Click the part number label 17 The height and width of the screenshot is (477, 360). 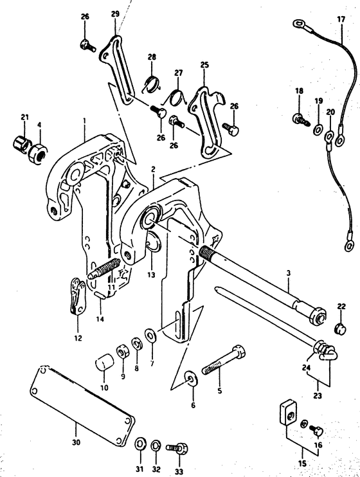point(341,19)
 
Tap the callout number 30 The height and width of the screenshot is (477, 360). point(76,442)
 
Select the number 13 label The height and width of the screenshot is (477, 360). point(151,274)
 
